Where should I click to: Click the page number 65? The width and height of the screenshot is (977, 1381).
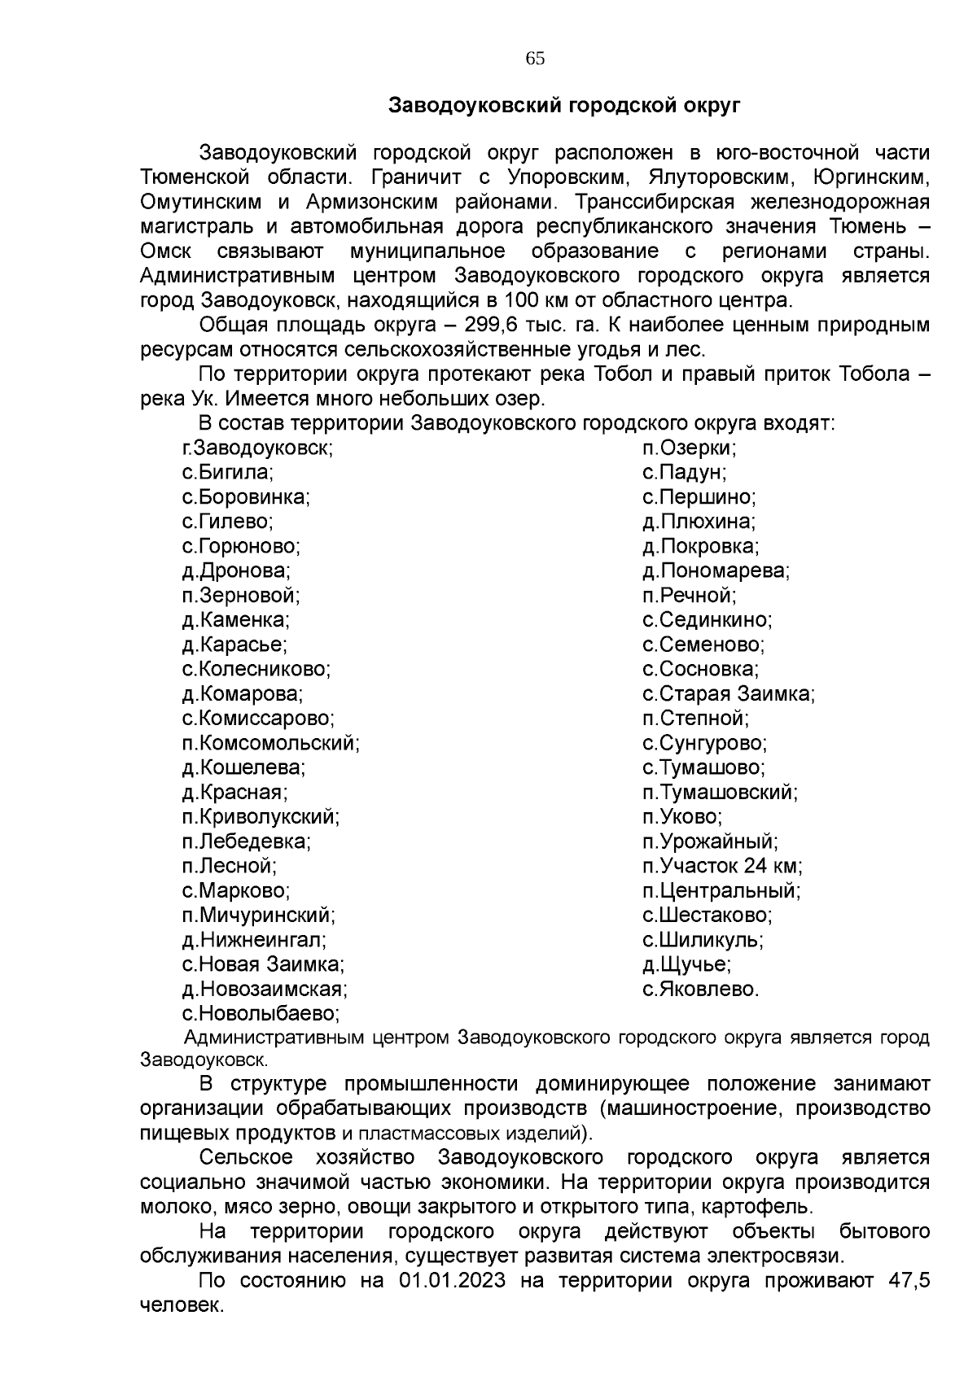point(535,59)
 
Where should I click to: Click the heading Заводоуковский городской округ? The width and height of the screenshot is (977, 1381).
point(564,105)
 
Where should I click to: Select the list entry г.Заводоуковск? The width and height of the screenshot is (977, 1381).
point(257,448)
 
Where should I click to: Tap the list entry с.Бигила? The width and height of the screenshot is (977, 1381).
point(227,473)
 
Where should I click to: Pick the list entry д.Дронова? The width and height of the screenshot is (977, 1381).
point(236,571)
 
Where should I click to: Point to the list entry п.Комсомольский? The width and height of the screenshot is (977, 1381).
point(271,743)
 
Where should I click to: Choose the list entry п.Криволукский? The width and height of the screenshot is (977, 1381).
point(261,817)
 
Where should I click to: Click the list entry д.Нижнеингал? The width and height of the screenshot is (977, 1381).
point(254,940)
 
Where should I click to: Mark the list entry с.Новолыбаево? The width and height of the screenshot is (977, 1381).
point(261,1014)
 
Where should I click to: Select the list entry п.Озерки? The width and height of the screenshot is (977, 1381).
point(689,448)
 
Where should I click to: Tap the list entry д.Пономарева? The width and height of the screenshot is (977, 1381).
point(716,571)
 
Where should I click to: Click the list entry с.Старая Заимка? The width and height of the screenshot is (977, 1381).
point(729,694)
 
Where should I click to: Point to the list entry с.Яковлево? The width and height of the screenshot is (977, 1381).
point(700,990)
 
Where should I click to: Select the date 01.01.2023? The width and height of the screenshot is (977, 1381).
point(452,1281)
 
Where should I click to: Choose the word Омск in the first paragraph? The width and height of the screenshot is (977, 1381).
point(166,251)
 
